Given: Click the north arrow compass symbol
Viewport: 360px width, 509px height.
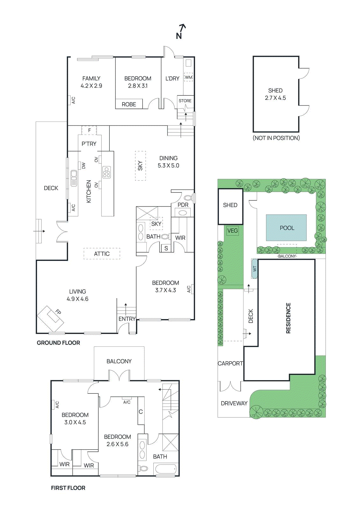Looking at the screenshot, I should [x=180, y=31].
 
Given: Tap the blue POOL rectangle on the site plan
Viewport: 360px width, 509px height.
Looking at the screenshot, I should [x=286, y=227].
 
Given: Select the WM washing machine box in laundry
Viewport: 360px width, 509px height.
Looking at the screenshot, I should [x=188, y=77].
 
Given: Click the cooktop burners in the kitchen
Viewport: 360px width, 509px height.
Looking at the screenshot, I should [x=107, y=172].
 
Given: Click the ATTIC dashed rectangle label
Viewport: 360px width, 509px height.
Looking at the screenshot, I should [x=102, y=254].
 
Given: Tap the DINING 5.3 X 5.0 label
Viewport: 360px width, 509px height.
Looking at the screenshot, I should [x=168, y=162].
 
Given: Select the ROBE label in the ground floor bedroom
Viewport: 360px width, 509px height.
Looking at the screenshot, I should [x=129, y=104].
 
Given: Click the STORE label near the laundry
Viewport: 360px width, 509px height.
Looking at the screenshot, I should [x=185, y=101].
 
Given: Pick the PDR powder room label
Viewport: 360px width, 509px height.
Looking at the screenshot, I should [x=183, y=205].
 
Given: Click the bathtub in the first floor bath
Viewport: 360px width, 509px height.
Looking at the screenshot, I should [x=165, y=469].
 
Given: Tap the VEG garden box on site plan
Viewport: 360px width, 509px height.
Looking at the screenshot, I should [x=232, y=231].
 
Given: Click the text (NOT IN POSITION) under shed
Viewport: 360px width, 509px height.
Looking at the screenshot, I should [x=276, y=138].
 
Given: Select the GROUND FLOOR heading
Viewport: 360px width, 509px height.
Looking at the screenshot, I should [x=58, y=343].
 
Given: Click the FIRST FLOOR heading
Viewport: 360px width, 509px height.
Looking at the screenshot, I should [x=68, y=488].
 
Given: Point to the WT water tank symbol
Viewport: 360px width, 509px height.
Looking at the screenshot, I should [x=254, y=269].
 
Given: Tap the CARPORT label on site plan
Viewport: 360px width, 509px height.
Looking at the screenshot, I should [x=230, y=363].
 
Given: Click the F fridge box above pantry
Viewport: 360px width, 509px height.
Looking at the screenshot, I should [x=89, y=130].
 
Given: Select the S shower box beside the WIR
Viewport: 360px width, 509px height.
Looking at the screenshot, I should [x=166, y=248].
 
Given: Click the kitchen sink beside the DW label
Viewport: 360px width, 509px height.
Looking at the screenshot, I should [x=74, y=178].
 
